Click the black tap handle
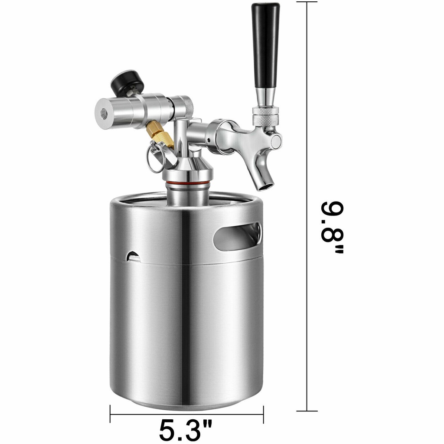tap(265, 43)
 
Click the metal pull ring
tap(156, 158)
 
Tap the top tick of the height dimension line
tap(307, 2)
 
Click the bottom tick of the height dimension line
tap(307, 411)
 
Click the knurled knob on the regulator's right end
tap(185, 106)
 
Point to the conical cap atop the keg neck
tap(187, 167)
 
